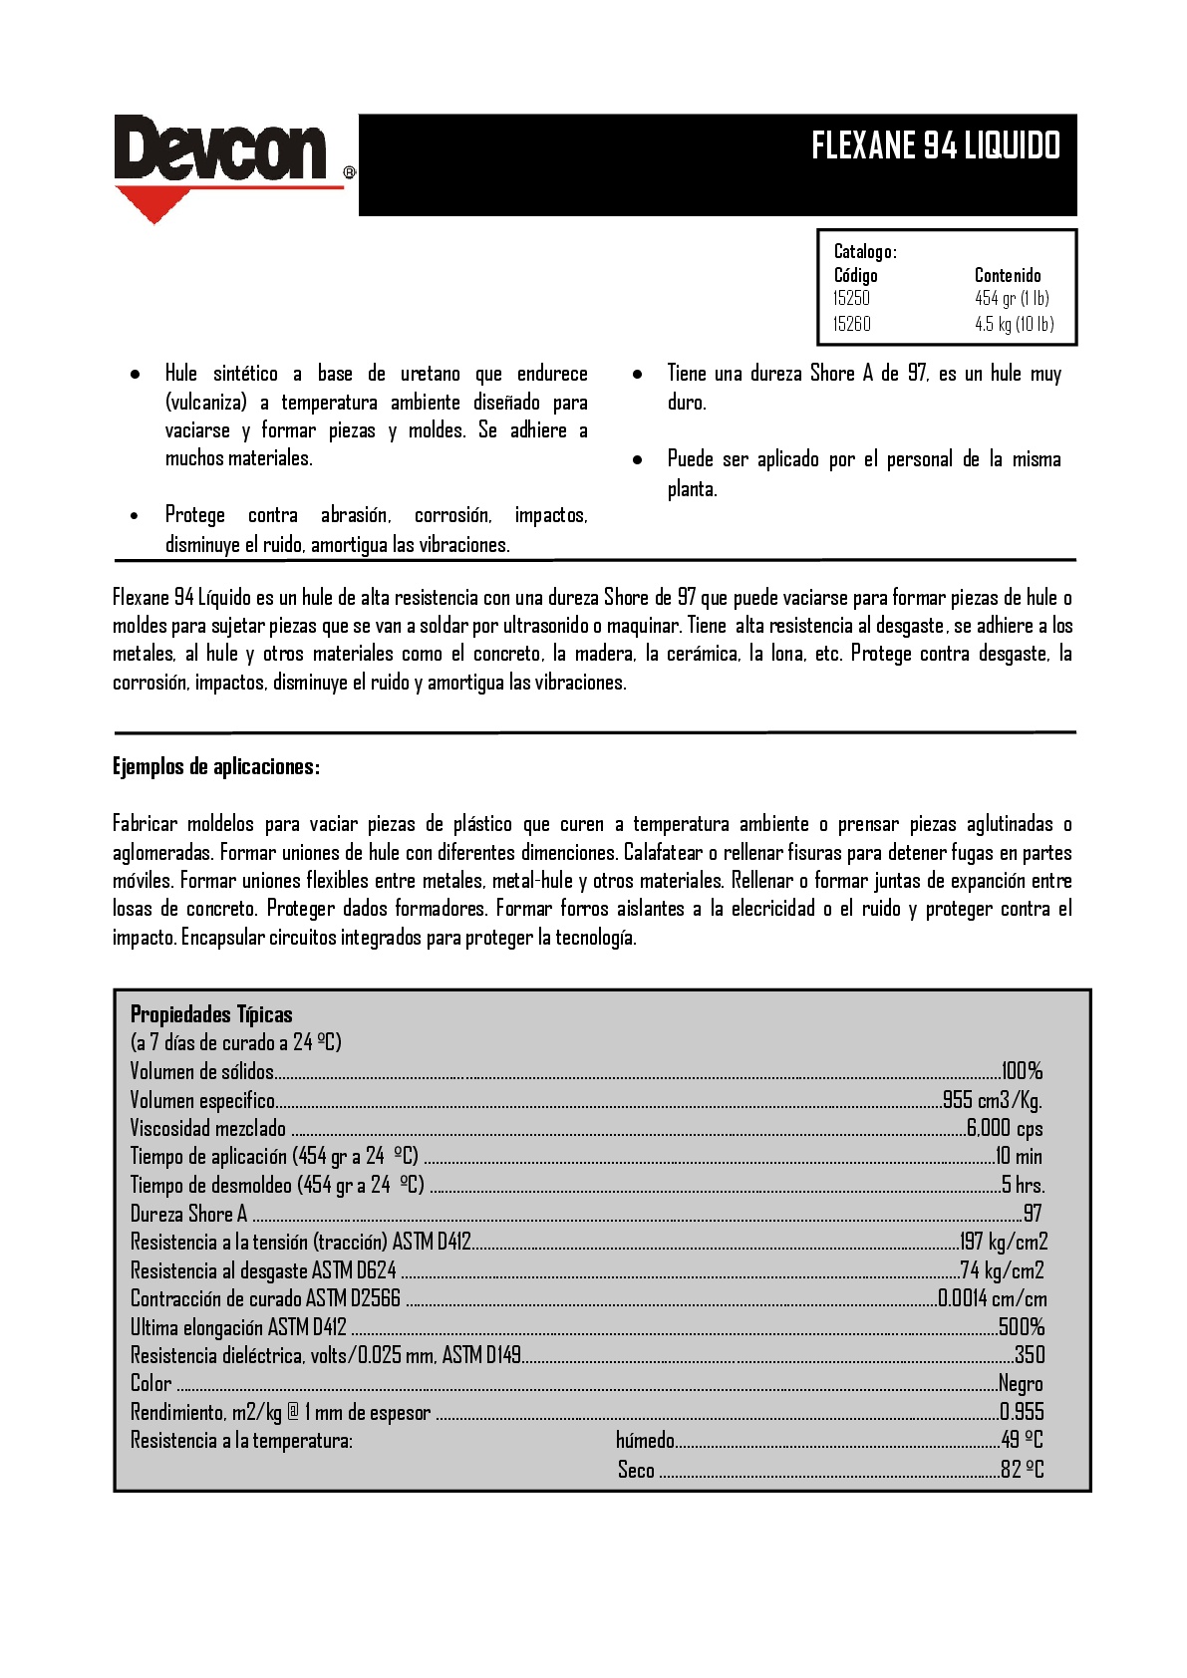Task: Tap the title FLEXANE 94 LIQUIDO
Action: coord(935,146)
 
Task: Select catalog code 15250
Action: coord(851,298)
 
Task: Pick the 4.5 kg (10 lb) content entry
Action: coord(1014,324)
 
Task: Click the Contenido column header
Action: coord(1007,275)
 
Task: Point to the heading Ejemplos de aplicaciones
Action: coord(215,766)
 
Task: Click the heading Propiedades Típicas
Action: coord(211,1014)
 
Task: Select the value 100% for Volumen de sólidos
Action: coord(1022,1071)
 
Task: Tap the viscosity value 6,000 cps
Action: coord(1005,1128)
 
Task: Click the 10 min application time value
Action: coord(1019,1156)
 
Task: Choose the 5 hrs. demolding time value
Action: coord(1023,1185)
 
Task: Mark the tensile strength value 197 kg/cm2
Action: coord(1004,1242)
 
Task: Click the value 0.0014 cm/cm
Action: coord(993,1298)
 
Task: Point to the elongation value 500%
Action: coord(1022,1327)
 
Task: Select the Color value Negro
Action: coord(1021,1384)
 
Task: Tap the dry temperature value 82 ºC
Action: coord(1022,1470)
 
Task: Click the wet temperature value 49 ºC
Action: coord(1022,1440)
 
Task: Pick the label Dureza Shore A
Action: coord(188,1214)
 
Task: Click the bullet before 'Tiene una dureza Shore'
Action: coord(638,375)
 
